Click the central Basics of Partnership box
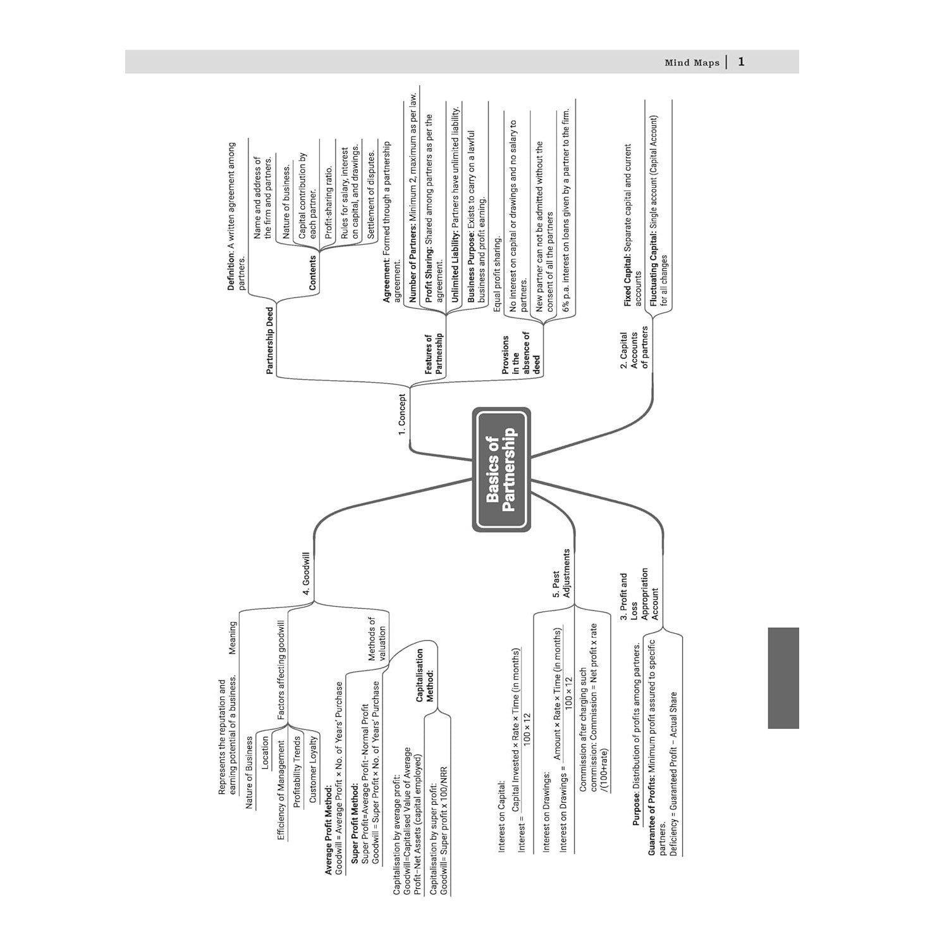[x=501, y=469]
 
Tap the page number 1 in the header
[x=742, y=62]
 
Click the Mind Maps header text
[x=692, y=63]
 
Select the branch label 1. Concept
[x=403, y=414]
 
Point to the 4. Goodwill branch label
[x=306, y=573]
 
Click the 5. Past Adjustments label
[x=561, y=573]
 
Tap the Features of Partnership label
[x=434, y=354]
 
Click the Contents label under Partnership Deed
[x=312, y=273]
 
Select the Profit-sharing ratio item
[x=328, y=202]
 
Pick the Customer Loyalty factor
[x=313, y=769]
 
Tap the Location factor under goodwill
[x=265, y=751]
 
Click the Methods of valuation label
[x=377, y=639]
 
